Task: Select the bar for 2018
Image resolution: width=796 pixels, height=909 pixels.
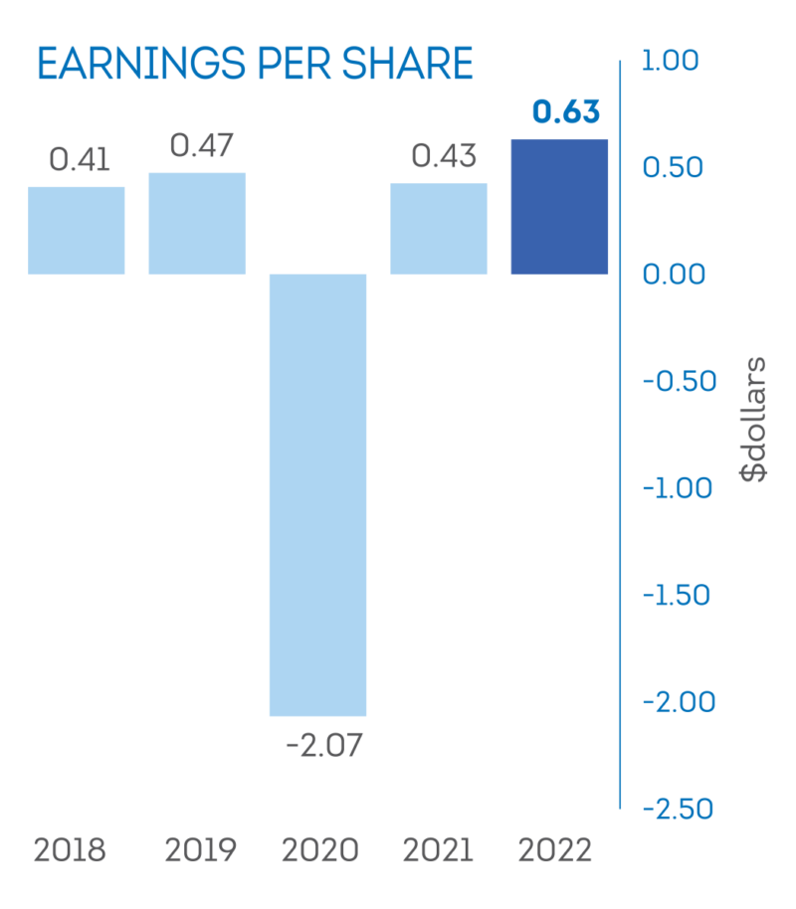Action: pyautogui.click(x=77, y=231)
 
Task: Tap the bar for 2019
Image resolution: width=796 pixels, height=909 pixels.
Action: pyautogui.click(x=197, y=224)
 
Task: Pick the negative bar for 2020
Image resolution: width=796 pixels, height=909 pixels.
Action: pyautogui.click(x=318, y=494)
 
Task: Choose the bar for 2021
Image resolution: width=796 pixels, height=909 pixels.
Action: pyautogui.click(x=439, y=229)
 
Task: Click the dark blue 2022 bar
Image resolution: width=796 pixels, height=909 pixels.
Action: pyautogui.click(x=559, y=207)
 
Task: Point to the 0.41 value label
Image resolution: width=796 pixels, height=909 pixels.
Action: pyautogui.click(x=80, y=159)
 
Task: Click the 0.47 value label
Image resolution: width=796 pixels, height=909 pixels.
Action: pyautogui.click(x=201, y=146)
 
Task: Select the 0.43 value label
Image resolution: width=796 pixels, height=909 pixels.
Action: pyautogui.click(x=443, y=156)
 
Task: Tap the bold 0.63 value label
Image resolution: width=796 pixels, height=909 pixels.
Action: pyautogui.click(x=565, y=113)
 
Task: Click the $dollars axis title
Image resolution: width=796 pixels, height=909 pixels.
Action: pyautogui.click(x=754, y=418)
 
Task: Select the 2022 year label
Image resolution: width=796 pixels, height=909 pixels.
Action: pyautogui.click(x=556, y=851)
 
